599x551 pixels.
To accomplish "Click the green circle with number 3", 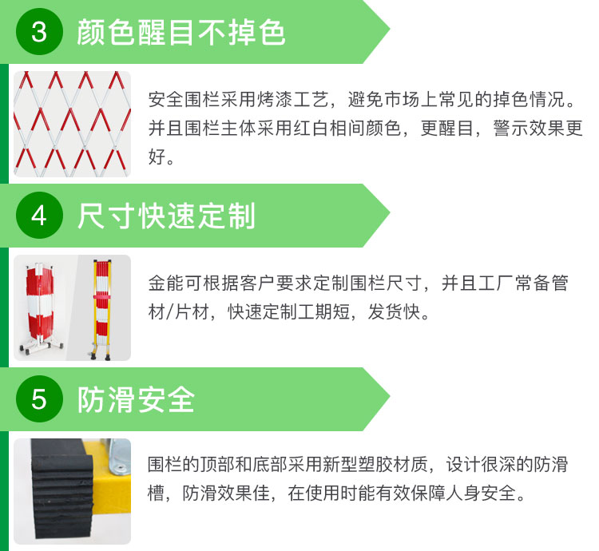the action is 39,31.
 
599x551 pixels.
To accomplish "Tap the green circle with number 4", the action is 39,216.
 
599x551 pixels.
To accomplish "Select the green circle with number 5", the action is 39,399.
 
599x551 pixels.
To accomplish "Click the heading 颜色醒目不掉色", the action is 180,32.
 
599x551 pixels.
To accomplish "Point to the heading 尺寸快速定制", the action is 166,216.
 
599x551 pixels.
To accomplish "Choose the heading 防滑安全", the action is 136,400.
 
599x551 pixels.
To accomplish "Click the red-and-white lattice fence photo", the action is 72,124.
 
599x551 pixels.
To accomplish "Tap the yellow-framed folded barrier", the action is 102,309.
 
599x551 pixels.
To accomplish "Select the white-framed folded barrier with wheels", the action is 40,308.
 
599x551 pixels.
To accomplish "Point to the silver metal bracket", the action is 119,456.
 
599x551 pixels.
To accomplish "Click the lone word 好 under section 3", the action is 157,157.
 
